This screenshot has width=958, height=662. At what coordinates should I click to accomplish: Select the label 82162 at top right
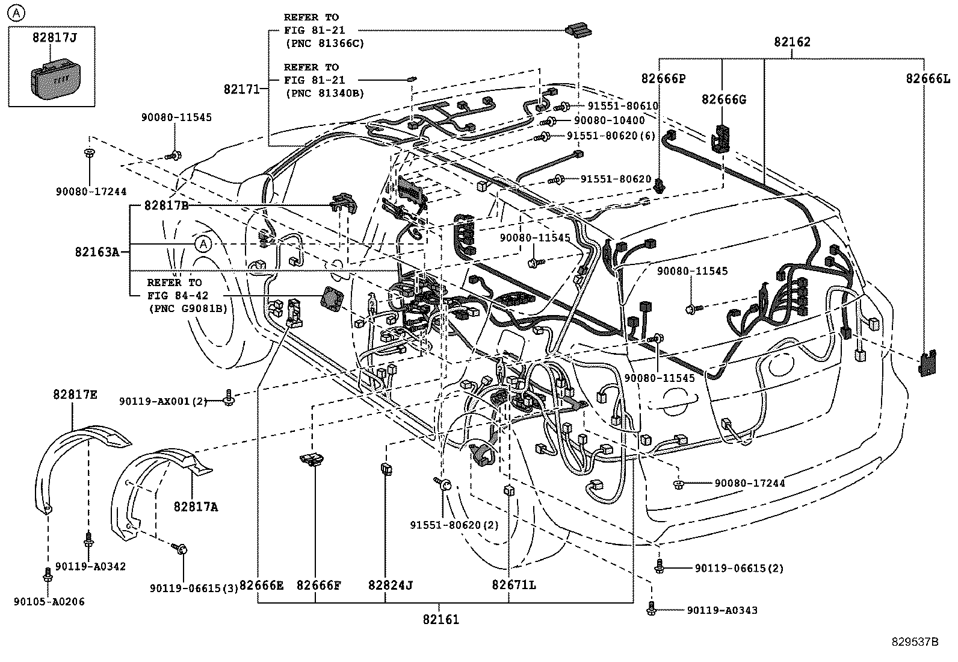tap(791, 42)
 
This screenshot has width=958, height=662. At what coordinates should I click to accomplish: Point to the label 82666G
tap(723, 99)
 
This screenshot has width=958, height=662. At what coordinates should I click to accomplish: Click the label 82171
tap(241, 89)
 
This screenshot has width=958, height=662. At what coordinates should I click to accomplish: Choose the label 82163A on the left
tap(97, 252)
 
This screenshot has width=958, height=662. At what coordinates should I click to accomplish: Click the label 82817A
tap(196, 507)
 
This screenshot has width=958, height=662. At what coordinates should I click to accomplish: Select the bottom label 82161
tap(440, 619)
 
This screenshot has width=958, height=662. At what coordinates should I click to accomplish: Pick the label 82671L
tap(513, 585)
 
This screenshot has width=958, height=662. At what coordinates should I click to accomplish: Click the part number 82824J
tap(391, 585)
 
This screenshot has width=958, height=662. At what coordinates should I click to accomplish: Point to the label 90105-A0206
tap(49, 601)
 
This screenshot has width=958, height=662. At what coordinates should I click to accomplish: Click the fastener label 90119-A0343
tap(722, 610)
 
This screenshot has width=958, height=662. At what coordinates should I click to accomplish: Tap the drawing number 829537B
tap(915, 642)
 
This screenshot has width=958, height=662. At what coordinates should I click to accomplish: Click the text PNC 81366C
tap(324, 43)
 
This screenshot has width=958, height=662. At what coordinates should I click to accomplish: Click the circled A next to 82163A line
tap(203, 244)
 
